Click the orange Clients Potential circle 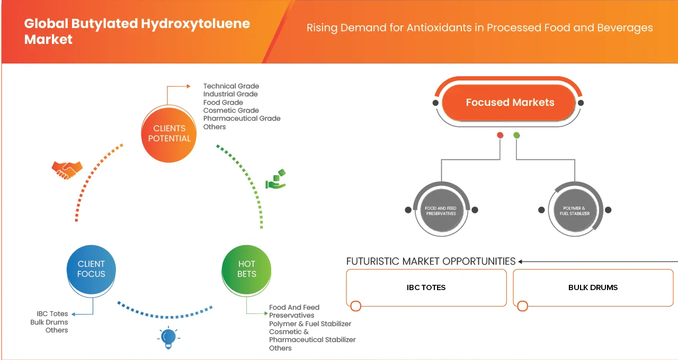pos(169,133)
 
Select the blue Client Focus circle pos(91,269)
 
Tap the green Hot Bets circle pos(246,269)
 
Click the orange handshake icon pos(67,169)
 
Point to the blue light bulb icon pos(168,338)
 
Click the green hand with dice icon pos(275,179)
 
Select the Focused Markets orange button pos(509,103)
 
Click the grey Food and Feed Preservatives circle pos(441,210)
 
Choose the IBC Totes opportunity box pos(426,287)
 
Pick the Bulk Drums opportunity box pos(593,287)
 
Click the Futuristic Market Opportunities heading pos(431,262)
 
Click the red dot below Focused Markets pos(499,136)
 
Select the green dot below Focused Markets pos(516,136)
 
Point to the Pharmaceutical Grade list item pos(242,119)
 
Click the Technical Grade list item pos(231,86)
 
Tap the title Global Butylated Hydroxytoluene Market pos(137,31)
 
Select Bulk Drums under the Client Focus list pos(49,322)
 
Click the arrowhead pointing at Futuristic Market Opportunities pos(521,262)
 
